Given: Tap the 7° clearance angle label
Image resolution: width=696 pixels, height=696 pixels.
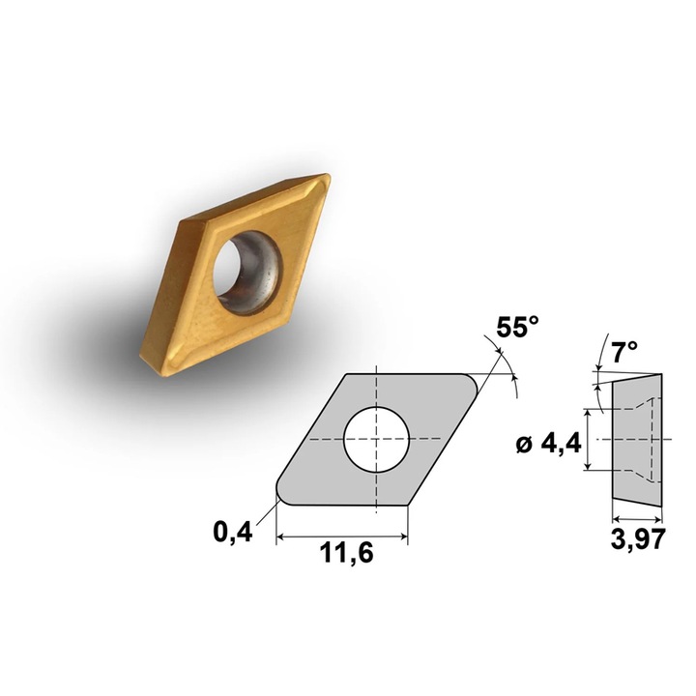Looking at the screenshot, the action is [x=624, y=352].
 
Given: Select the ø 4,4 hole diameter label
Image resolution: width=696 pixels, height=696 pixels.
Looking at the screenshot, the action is [x=549, y=444].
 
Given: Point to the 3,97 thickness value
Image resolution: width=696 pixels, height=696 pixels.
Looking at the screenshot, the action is [x=638, y=539].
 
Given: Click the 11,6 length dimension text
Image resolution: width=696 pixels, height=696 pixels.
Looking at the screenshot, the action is [x=347, y=553].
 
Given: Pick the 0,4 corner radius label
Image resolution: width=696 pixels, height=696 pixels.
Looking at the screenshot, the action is [x=233, y=532].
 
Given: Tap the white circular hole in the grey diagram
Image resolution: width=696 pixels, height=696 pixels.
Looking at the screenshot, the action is [x=376, y=439].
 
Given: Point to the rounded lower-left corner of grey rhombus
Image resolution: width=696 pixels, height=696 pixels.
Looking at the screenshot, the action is [x=280, y=496].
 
